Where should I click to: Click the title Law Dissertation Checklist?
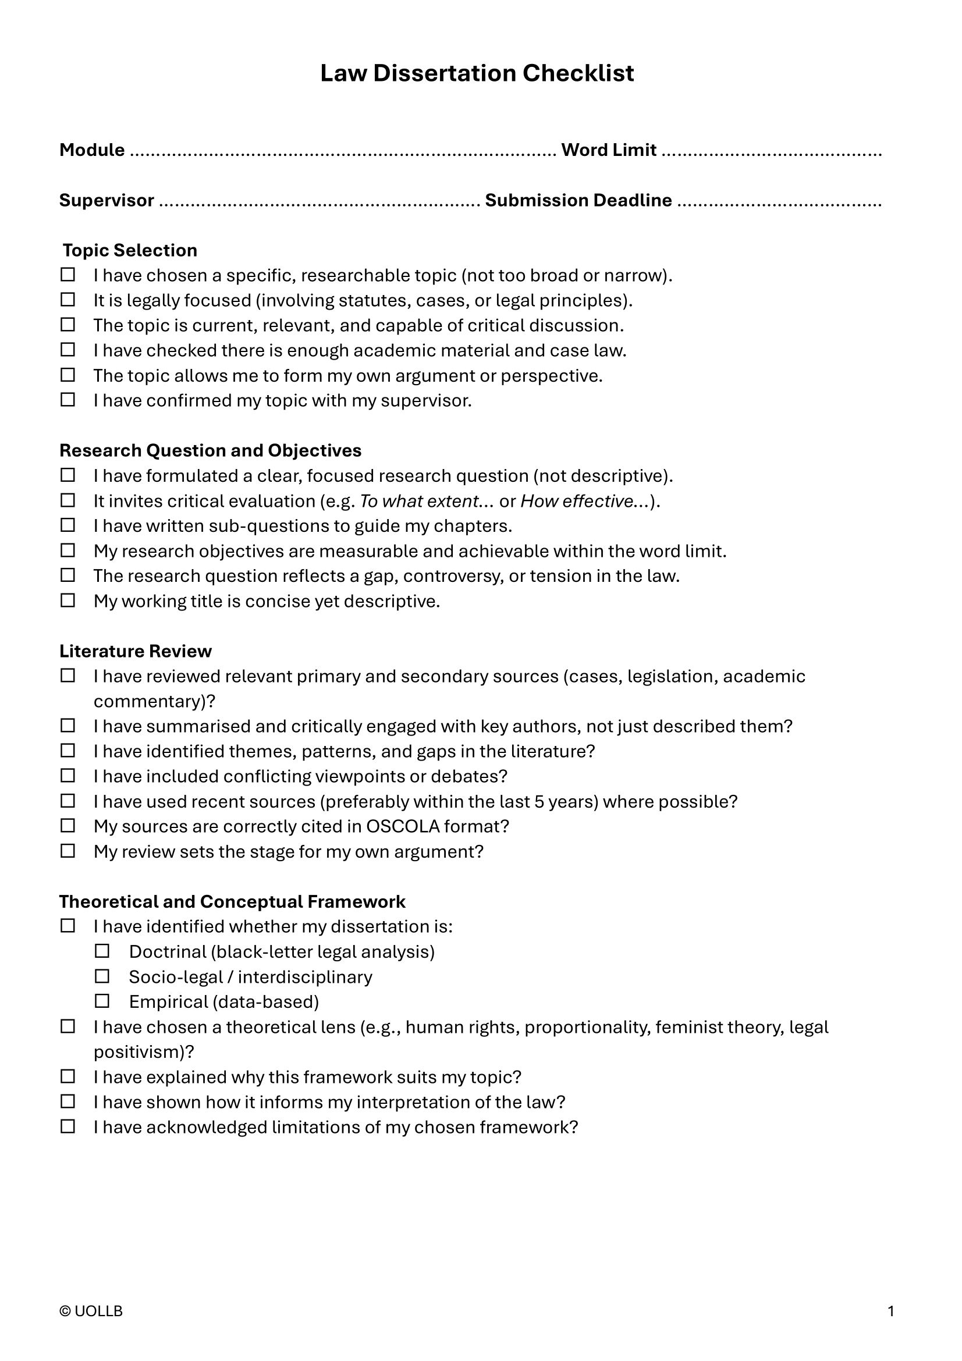(x=477, y=73)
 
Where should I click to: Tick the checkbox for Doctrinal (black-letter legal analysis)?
(x=102, y=951)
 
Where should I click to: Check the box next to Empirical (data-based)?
(x=102, y=1001)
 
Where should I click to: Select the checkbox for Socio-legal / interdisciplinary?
(x=102, y=976)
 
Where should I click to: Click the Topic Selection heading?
(x=130, y=250)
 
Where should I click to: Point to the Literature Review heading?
(x=135, y=651)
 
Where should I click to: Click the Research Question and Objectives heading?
(x=210, y=450)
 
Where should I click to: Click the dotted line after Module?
(x=342, y=152)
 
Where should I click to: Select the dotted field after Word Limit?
(x=771, y=152)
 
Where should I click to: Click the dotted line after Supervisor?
(x=320, y=202)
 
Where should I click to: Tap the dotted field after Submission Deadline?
(x=779, y=202)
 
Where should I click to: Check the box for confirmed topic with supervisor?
(x=68, y=400)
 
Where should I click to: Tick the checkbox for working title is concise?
(x=68, y=600)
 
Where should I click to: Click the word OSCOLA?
(x=403, y=826)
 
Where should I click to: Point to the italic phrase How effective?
(x=576, y=502)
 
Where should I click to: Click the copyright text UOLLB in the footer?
(x=91, y=1311)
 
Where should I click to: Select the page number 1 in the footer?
(x=891, y=1311)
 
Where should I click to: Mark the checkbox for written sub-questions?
(x=68, y=525)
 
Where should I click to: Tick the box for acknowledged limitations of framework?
(x=68, y=1127)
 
